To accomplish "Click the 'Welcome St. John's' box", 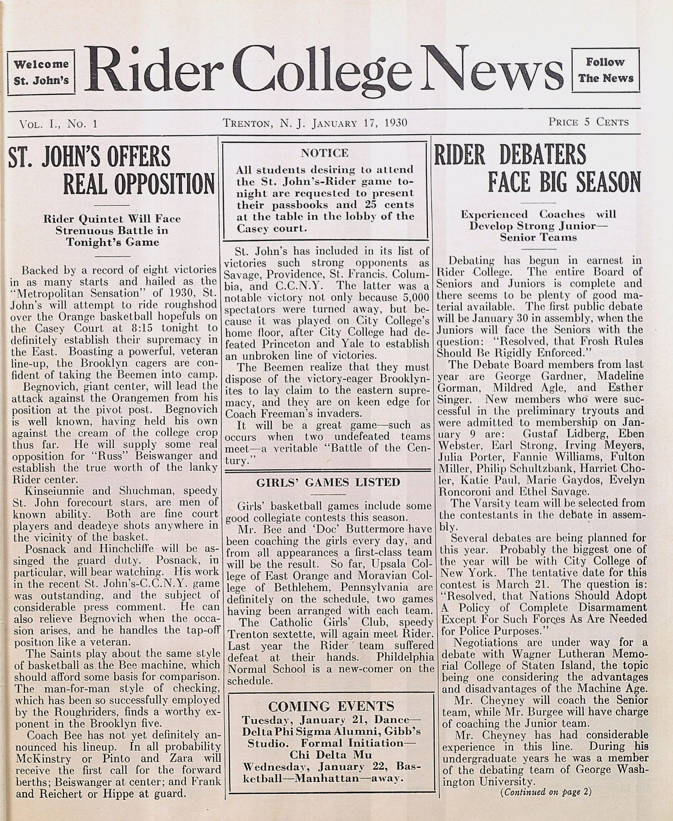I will (41, 72).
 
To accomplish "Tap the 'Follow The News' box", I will (606, 70).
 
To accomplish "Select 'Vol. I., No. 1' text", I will (59, 123).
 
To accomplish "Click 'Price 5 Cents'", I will (588, 122).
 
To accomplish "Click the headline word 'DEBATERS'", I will (542, 155).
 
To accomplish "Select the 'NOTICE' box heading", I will (324, 153).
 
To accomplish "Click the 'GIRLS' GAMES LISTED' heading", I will (328, 482).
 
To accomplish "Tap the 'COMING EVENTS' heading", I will (331, 706).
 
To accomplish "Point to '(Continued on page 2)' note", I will (545, 792).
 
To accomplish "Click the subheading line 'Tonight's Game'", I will (113, 242).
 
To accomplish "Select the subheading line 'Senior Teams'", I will (538, 237).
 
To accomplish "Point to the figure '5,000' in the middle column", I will (416, 298).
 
